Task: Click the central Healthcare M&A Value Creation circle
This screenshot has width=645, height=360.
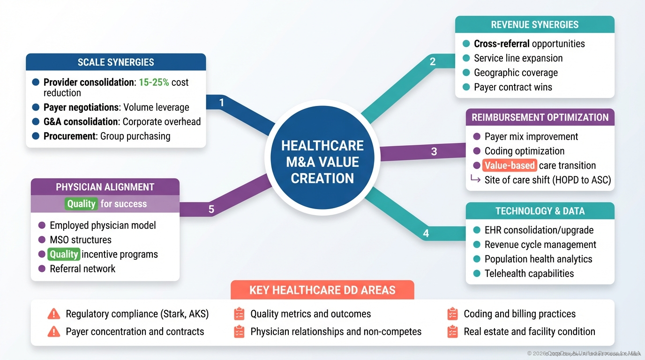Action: pos(322,162)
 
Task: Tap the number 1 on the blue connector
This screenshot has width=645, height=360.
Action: pos(222,102)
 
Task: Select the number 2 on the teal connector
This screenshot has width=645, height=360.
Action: pos(432,61)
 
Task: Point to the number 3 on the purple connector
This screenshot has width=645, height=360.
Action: pos(434,151)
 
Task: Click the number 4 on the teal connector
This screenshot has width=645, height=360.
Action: pos(426,233)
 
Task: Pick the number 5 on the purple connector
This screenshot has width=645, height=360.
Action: pos(211,209)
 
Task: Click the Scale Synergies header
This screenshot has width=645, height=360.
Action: pos(116,62)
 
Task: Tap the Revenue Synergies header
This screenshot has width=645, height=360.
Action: pos(534,25)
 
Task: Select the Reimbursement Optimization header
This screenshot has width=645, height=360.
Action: pos(540,117)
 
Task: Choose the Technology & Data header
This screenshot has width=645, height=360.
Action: pos(540,211)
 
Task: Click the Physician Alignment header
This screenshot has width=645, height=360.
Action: pos(105,187)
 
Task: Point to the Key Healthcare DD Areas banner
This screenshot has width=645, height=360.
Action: pos(322,290)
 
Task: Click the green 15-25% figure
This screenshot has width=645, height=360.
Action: pos(154,82)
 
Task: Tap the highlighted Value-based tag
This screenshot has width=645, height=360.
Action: pos(510,165)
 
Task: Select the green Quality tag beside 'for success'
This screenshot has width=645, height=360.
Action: pos(81,204)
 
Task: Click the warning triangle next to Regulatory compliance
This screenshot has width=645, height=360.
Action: pos(54,314)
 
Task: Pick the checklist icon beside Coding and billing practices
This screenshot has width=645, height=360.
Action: pos(452,314)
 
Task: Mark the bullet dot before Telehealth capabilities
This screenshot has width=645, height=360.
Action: pos(477,273)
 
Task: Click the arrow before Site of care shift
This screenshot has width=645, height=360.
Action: pos(475,180)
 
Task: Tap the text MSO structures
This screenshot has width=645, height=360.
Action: pos(81,240)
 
